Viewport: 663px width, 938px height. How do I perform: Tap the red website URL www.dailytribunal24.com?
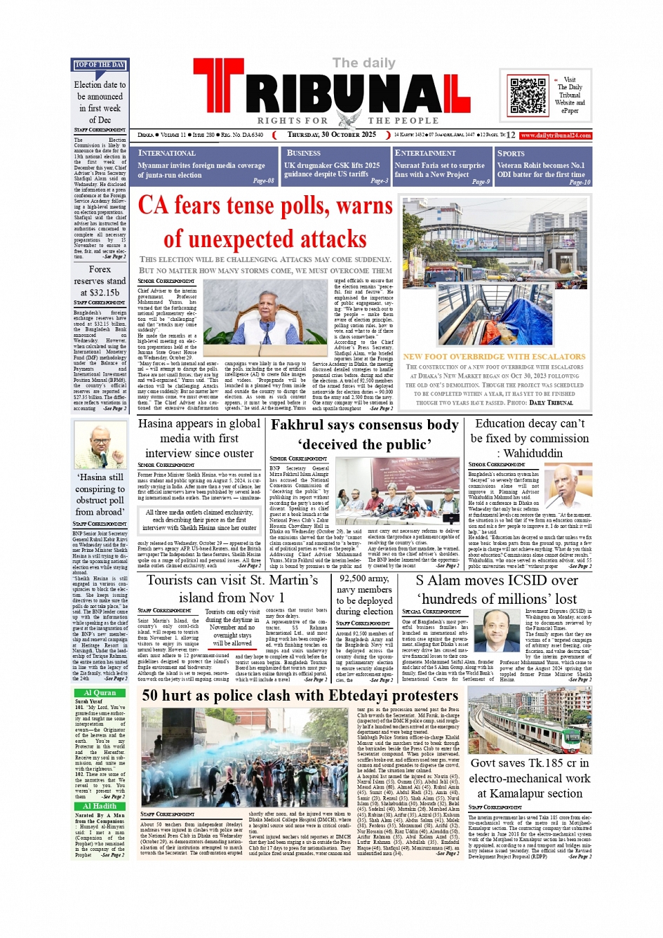pos(556,136)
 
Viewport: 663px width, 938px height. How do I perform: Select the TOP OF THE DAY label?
pos(100,65)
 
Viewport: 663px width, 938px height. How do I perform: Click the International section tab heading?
pos(167,153)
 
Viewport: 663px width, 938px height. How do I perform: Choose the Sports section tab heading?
pos(511,153)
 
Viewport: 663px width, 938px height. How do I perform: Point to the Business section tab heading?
pos(304,152)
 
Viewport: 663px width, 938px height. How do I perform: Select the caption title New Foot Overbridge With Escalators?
pos(494,357)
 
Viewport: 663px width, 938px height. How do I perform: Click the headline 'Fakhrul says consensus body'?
pos(364,425)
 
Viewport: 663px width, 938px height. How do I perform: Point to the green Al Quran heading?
pos(100,692)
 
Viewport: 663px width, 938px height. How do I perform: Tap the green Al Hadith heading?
pos(100,806)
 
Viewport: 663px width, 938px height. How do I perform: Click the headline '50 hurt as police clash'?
pos(300,695)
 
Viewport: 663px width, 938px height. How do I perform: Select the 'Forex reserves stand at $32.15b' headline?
pos(100,281)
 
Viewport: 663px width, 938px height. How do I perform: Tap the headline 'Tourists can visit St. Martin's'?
pos(232,581)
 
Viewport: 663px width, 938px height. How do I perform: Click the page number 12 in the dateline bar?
pos(510,136)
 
